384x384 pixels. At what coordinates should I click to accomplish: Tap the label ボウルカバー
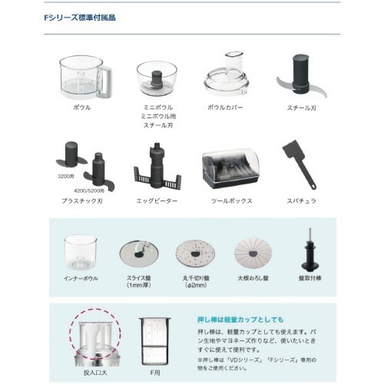pyautogui.click(x=226, y=107)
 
